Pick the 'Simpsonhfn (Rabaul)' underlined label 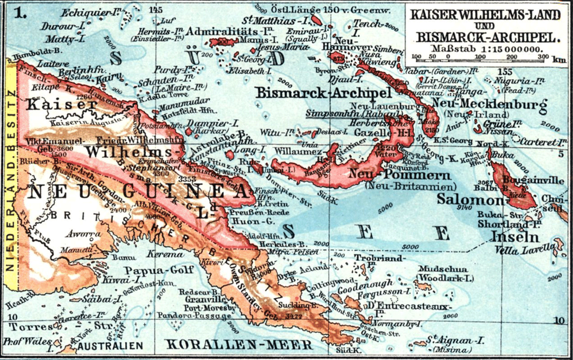pyautogui.click(x=337, y=114)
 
